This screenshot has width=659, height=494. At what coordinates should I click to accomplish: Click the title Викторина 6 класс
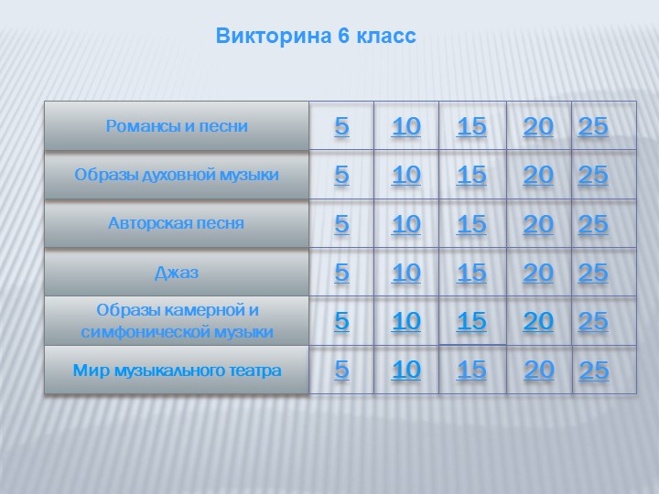[316, 37]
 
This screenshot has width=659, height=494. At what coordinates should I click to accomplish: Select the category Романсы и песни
[177, 125]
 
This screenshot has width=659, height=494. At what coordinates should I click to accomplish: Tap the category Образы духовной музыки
[177, 175]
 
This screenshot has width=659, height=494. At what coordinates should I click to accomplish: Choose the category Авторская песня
[177, 223]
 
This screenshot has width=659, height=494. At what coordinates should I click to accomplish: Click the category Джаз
[177, 273]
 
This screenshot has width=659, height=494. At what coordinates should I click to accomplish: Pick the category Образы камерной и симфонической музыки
[177, 321]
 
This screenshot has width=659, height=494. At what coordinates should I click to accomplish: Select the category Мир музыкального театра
[177, 370]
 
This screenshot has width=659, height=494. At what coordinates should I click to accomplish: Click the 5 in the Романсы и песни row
[341, 126]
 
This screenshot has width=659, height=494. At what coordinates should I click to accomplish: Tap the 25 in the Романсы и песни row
[593, 126]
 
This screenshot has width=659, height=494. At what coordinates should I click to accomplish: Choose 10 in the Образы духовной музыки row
[405, 175]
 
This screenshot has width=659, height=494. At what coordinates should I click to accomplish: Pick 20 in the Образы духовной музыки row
[538, 175]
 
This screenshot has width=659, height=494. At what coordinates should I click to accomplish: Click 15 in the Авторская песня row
[471, 224]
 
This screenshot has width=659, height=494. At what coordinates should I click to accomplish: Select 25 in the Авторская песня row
[593, 224]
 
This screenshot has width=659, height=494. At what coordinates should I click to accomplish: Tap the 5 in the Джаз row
[341, 273]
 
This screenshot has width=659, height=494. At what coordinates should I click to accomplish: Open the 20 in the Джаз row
[538, 273]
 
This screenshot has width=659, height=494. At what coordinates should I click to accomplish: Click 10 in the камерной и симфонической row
[405, 321]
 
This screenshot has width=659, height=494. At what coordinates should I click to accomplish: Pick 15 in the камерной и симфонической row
[471, 321]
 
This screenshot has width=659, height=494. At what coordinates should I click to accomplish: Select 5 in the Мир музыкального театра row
[341, 370]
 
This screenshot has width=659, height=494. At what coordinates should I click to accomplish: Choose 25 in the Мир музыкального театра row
[594, 370]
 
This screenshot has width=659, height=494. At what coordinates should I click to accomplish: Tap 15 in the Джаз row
[471, 273]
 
